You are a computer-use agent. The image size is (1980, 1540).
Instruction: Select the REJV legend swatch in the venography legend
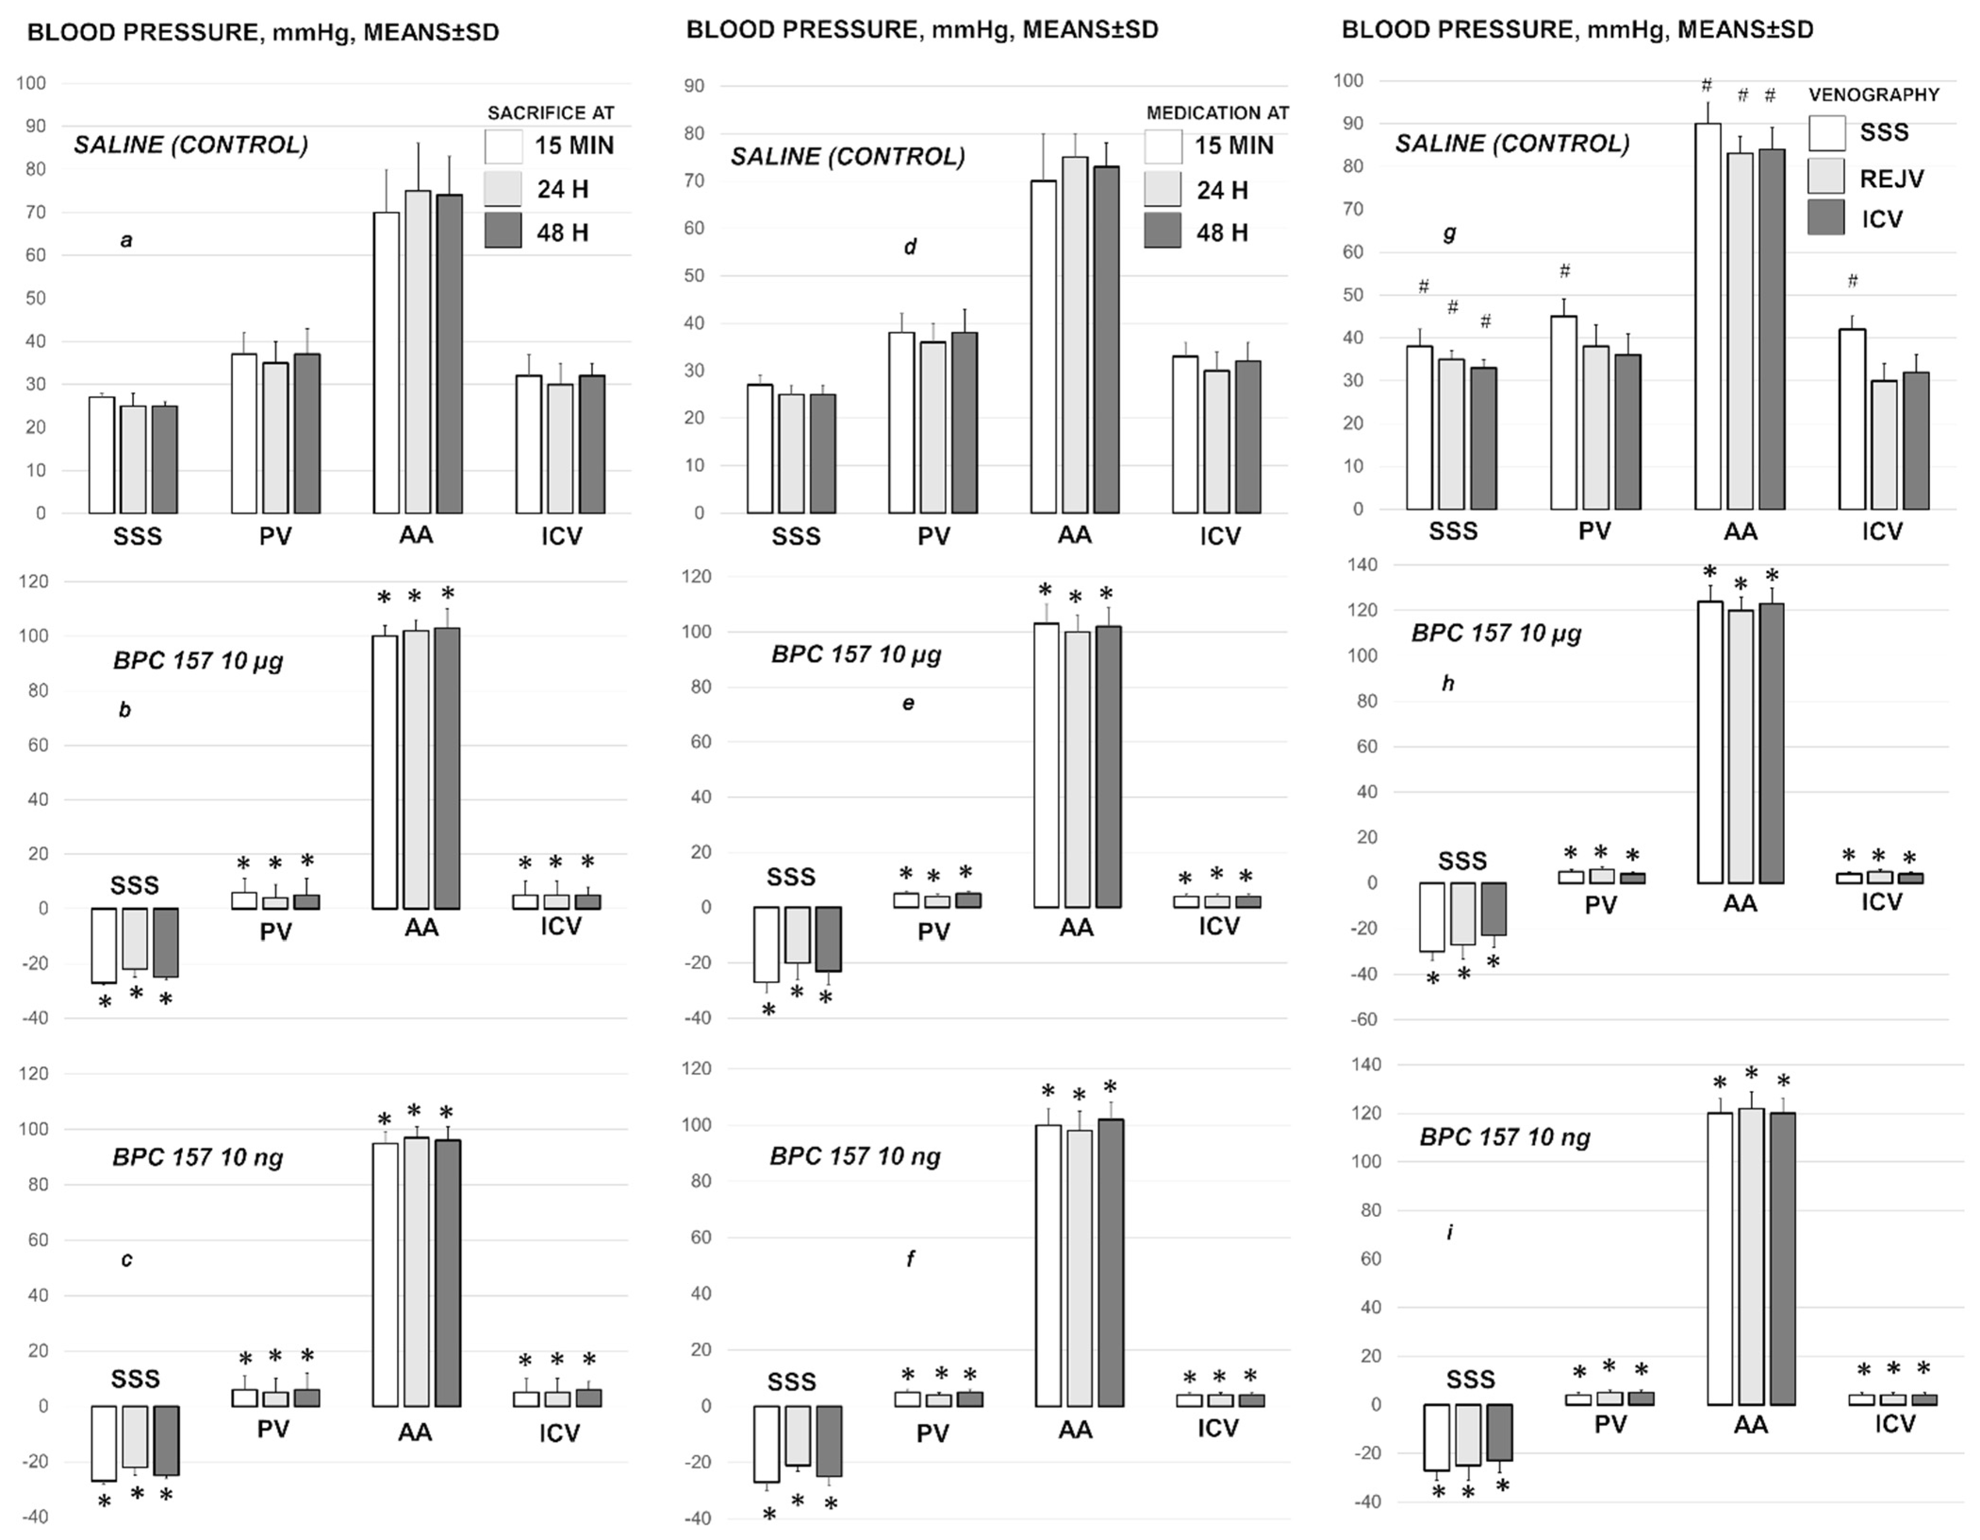[x=1826, y=176]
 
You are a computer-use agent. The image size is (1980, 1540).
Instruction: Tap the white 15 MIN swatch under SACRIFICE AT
[x=503, y=146]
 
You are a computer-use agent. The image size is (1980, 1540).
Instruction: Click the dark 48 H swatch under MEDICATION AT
[x=1162, y=231]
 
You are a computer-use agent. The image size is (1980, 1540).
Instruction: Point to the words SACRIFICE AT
[x=550, y=113]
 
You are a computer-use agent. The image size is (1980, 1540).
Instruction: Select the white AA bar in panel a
[x=386, y=362]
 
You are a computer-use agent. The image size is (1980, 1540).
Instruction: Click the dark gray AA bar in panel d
[x=1106, y=340]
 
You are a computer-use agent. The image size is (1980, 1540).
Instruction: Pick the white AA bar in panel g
[x=1708, y=317]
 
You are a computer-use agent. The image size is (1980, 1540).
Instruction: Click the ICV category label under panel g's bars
[x=1882, y=531]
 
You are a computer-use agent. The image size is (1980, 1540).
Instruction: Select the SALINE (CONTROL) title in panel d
[x=848, y=157]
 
